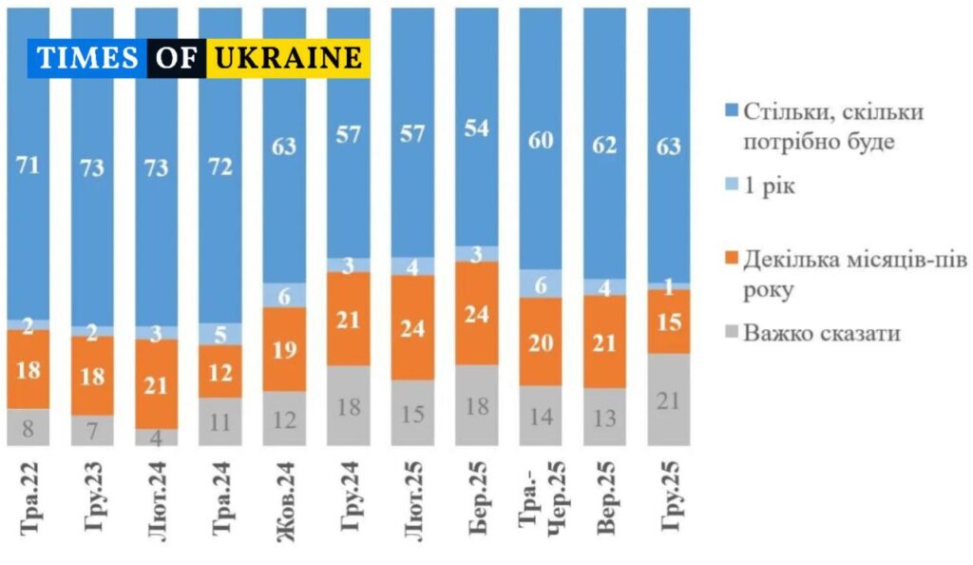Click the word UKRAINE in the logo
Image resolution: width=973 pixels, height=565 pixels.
tap(289, 58)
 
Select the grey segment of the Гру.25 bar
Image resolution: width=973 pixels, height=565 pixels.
tap(668, 399)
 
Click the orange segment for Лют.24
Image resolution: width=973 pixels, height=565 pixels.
tap(156, 383)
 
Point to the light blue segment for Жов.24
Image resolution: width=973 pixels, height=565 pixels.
tap(284, 295)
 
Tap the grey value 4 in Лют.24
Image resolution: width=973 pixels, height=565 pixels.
tap(156, 437)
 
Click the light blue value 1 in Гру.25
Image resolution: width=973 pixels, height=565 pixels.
tap(669, 285)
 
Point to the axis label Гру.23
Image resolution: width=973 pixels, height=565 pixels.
tap(92, 498)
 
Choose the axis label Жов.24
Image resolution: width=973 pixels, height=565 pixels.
tap(284, 497)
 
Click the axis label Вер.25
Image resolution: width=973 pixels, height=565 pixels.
tap(604, 498)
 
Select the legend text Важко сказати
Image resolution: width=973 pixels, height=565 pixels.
tap(822, 333)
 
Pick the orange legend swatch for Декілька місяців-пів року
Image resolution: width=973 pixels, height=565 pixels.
tap(729, 260)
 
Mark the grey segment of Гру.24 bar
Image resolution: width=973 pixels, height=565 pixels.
tap(348, 405)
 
